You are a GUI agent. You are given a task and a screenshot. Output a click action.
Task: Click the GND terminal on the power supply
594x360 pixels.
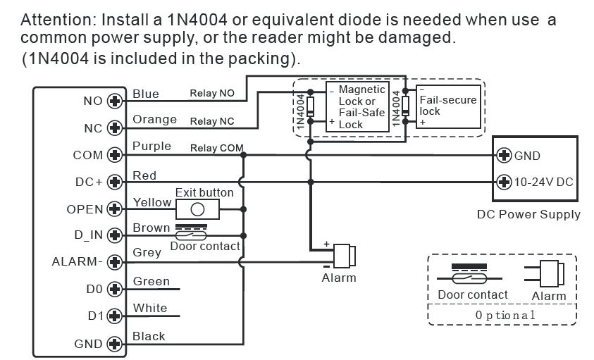click(504, 155)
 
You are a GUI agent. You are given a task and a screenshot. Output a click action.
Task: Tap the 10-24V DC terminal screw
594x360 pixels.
click(504, 182)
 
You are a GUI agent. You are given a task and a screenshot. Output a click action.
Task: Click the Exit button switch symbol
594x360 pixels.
click(198, 209)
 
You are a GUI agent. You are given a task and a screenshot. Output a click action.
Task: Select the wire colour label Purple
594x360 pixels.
click(151, 147)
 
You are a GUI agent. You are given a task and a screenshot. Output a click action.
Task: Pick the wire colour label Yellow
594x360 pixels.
click(152, 202)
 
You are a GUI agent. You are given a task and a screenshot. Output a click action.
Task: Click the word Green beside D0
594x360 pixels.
click(151, 282)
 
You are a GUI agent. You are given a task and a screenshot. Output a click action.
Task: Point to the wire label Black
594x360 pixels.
click(149, 336)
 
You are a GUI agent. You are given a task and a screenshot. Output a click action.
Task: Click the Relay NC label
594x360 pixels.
click(212, 121)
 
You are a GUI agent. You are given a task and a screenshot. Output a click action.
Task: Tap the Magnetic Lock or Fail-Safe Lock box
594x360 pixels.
click(358, 107)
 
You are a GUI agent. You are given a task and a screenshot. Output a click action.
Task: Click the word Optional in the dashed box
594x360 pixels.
click(505, 315)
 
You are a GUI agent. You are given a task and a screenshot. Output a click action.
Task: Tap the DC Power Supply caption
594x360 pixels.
click(528, 214)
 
